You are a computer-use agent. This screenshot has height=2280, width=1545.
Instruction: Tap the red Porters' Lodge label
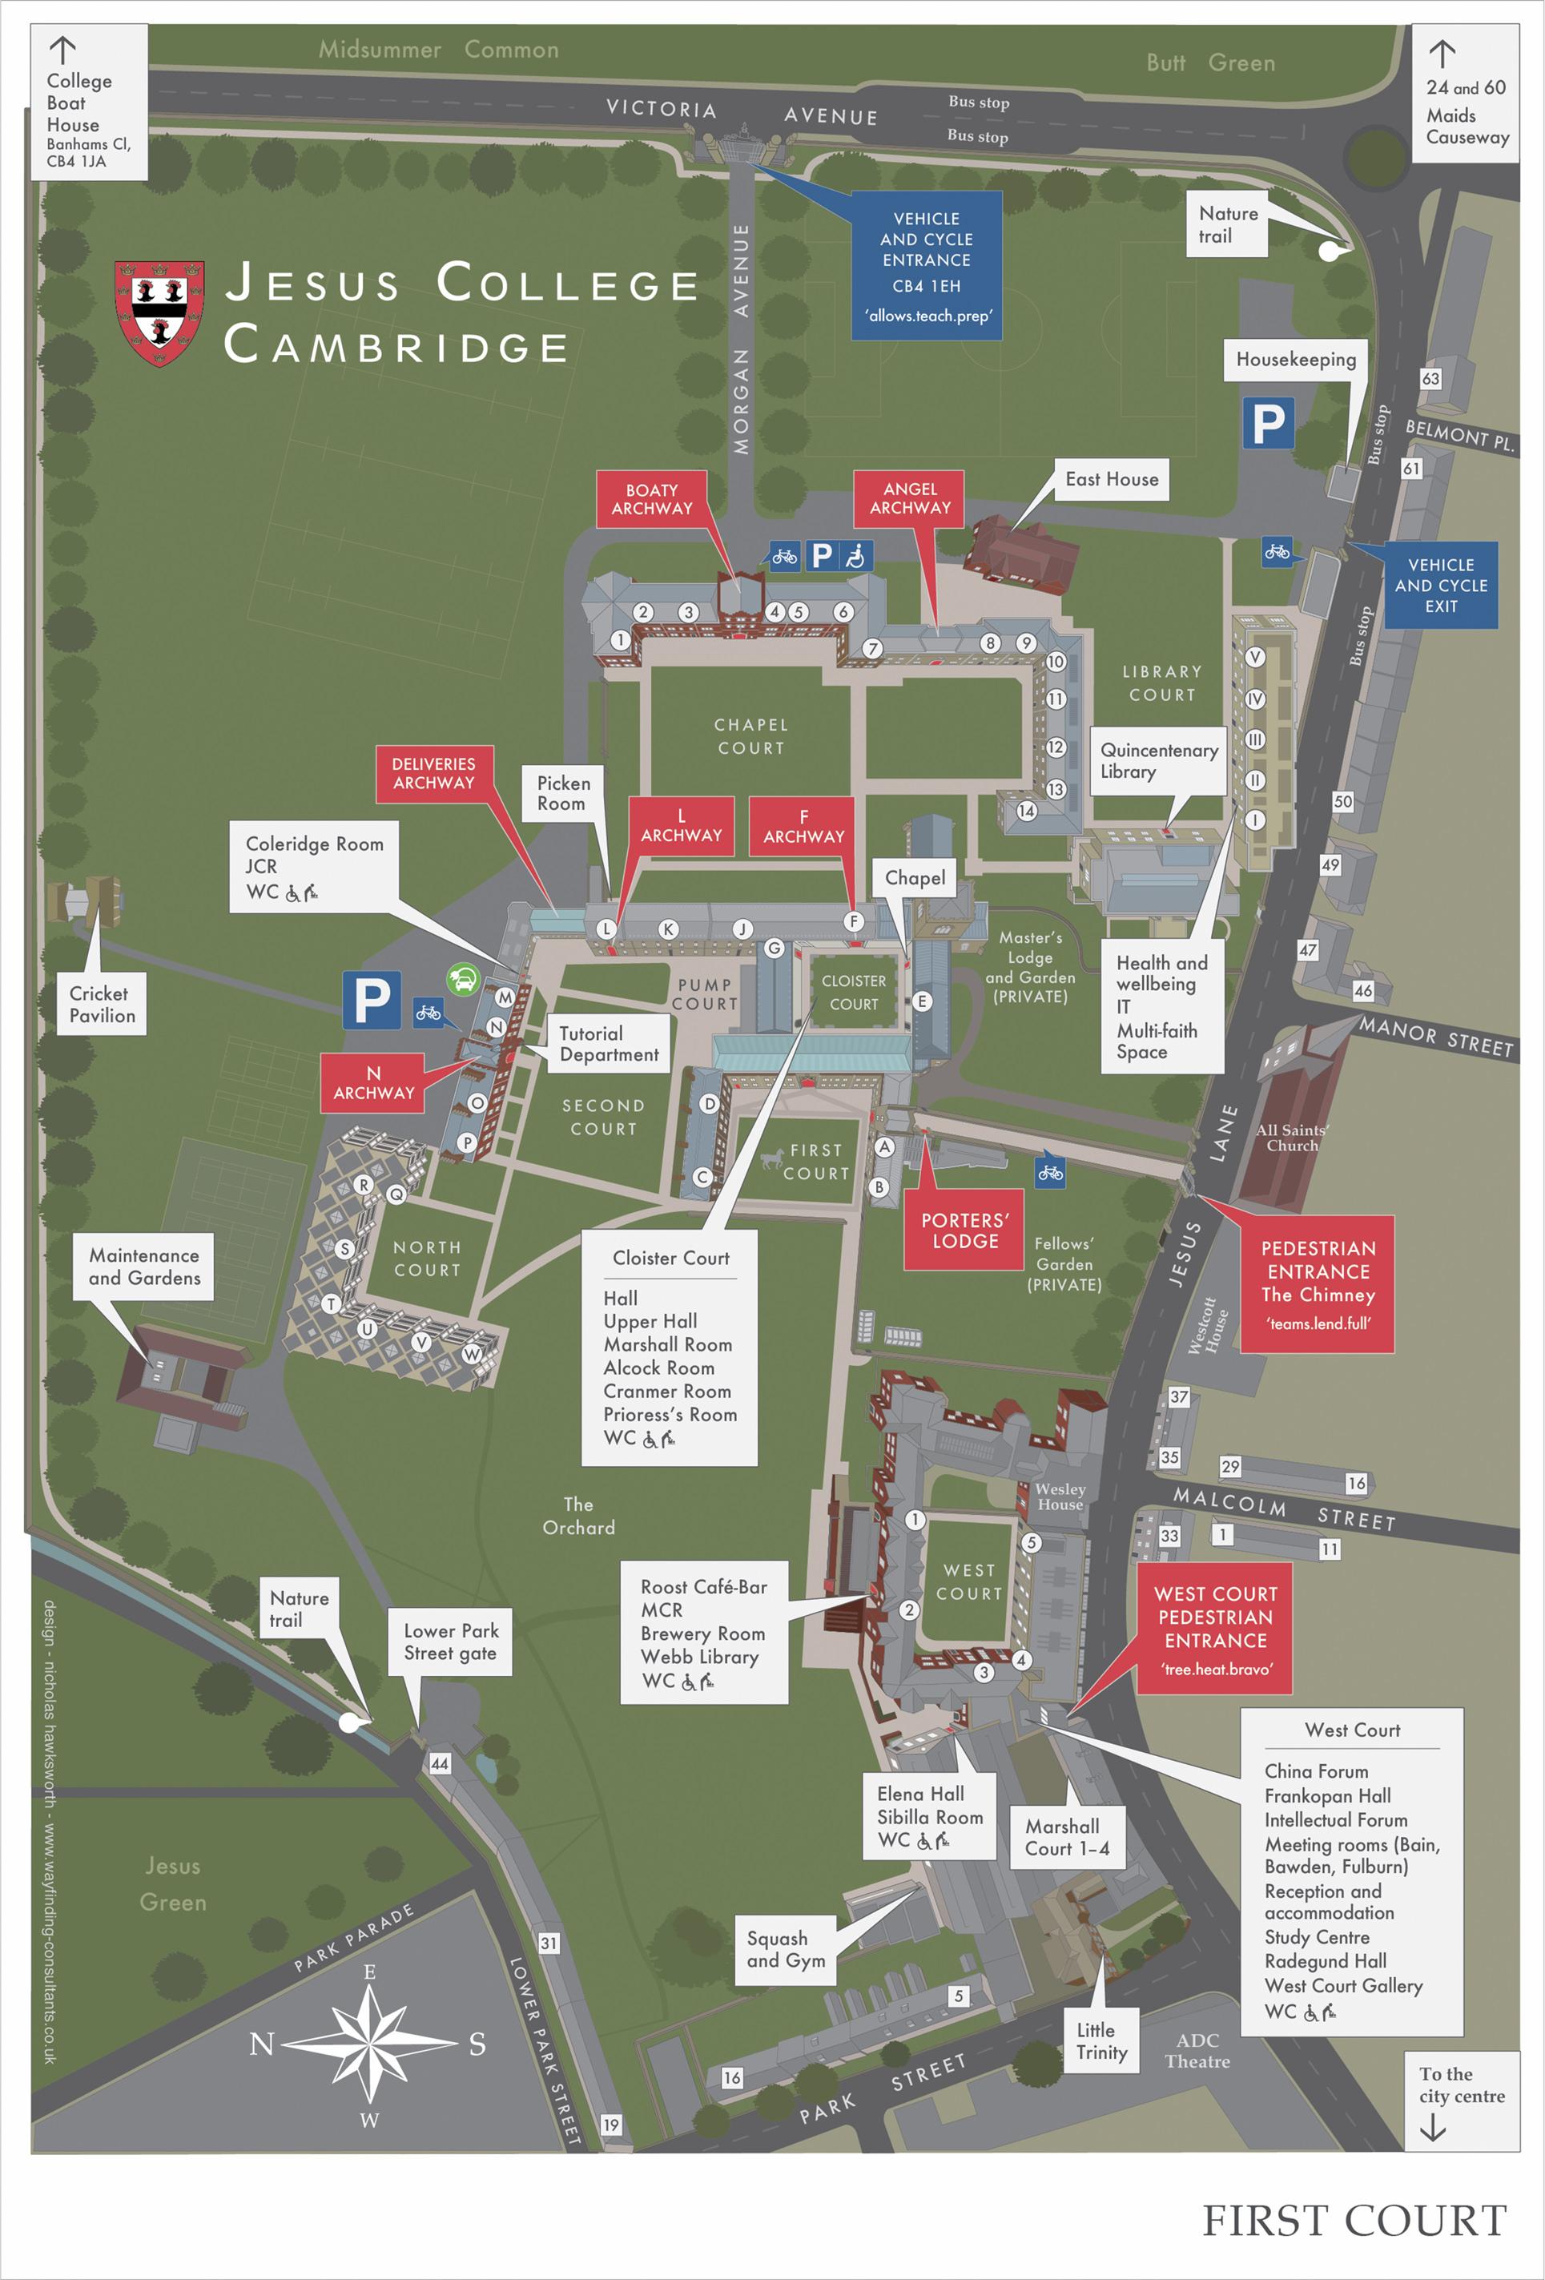964,1231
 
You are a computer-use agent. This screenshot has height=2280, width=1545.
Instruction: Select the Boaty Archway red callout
651,499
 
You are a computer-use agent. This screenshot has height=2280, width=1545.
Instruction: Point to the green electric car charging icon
462,978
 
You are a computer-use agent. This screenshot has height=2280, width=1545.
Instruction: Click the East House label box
1112,480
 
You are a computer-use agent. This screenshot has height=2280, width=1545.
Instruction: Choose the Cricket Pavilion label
102,1004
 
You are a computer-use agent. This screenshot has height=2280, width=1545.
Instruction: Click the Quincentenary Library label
1158,760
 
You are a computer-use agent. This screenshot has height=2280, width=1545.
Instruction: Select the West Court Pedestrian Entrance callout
1214,1629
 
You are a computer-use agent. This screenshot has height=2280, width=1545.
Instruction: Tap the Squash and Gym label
785,1949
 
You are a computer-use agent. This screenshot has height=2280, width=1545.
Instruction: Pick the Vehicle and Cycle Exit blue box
1440,585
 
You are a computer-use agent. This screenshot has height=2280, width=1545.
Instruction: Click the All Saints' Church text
1291,1137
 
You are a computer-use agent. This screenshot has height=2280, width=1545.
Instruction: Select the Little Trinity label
1101,2040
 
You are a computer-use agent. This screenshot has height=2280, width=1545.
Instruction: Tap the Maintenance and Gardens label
144,1267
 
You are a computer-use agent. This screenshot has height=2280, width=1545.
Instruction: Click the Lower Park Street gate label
450,1642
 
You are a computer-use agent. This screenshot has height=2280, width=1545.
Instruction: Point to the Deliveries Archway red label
433,773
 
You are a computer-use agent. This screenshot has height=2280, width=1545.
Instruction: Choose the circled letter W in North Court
472,1354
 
